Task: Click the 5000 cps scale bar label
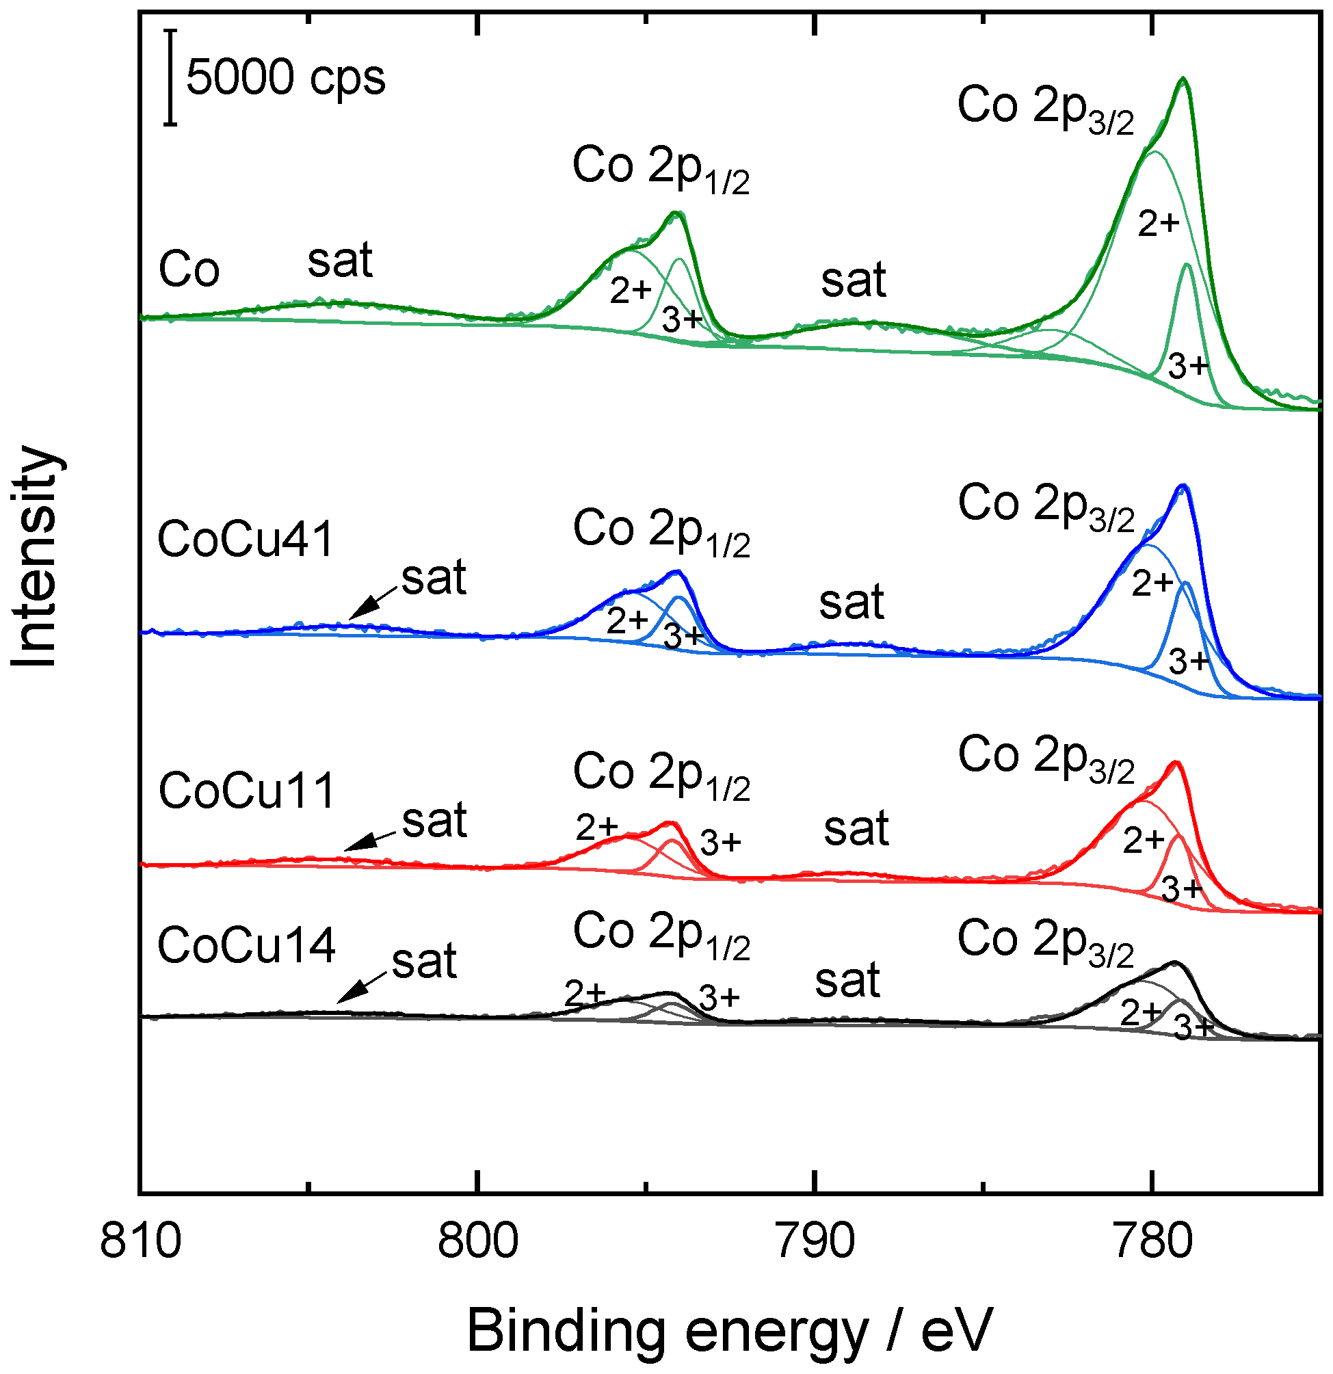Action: coord(285,77)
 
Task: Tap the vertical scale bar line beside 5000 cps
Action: coord(170,77)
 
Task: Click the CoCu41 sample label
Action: coord(245,540)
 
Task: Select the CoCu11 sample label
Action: coord(246,791)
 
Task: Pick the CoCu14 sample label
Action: coord(246,945)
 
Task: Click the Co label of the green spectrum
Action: coord(189,269)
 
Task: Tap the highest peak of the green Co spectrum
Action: coord(1184,79)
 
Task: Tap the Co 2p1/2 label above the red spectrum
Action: coord(661,775)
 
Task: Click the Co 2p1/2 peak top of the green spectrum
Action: coord(676,213)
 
